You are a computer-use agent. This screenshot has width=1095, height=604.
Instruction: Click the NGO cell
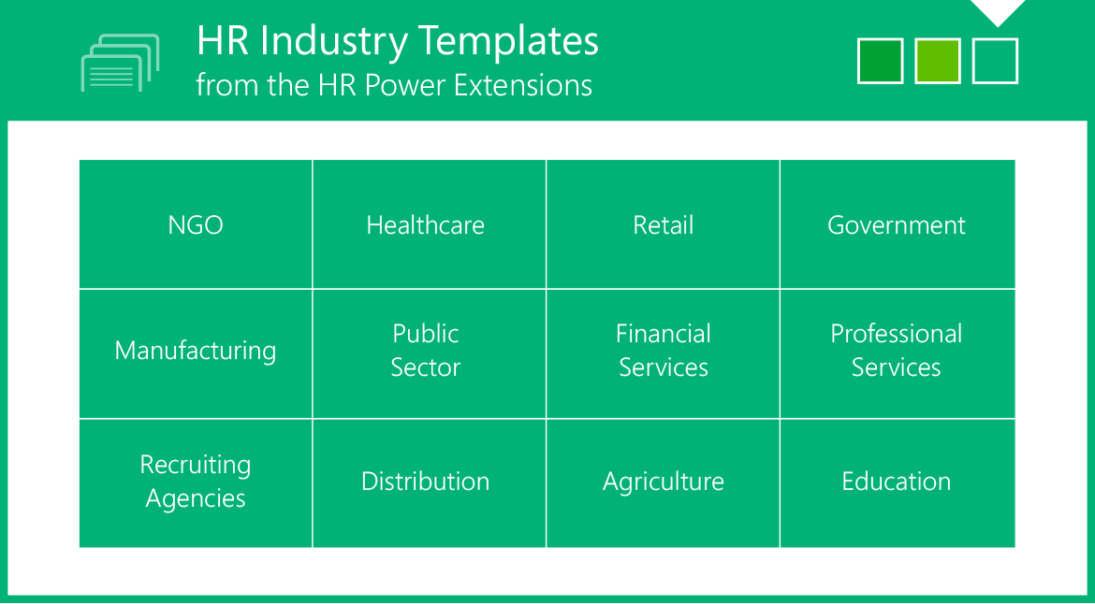(196, 223)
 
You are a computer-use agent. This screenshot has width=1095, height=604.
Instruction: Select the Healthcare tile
(429, 223)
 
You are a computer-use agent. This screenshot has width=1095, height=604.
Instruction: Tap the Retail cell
(663, 223)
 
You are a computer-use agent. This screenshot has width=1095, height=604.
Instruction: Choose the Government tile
(898, 223)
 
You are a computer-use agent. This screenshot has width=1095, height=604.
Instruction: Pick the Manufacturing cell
(196, 353)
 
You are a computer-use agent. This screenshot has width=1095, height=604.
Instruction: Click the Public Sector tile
(429, 353)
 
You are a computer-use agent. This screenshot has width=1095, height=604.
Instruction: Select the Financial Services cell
(663, 353)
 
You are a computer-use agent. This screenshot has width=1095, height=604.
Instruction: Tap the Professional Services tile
(898, 353)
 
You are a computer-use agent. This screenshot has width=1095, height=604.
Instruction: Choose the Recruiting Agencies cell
(196, 483)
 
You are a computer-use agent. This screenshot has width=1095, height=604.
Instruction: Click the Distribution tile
(429, 483)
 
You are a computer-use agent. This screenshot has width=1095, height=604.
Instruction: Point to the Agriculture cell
(663, 483)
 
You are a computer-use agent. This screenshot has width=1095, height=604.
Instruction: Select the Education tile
(898, 483)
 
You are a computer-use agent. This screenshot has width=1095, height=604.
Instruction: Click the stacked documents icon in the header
(120, 64)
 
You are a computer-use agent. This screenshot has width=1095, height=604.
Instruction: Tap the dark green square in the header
(880, 62)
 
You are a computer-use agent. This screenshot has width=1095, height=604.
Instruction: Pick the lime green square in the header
(938, 62)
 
